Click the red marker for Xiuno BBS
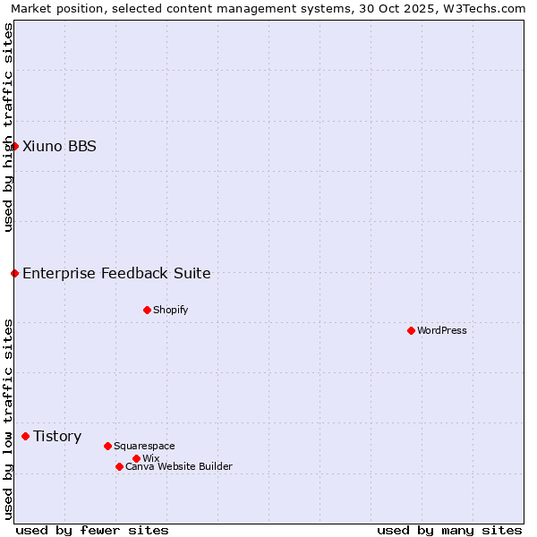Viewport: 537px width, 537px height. [14, 146]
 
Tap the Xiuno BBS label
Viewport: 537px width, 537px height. [59, 147]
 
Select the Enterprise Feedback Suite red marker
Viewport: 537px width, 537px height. [14, 273]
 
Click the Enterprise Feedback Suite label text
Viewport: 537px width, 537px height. [116, 274]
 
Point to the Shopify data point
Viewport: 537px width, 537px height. [147, 310]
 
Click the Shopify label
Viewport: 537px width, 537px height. [170, 311]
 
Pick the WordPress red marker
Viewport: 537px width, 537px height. [411, 330]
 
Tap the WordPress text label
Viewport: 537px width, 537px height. [442, 331]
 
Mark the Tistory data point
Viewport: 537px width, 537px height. [25, 436]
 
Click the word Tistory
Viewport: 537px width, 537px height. [57, 437]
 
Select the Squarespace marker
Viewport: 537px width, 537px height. [107, 446]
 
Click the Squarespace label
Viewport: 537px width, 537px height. [144, 447]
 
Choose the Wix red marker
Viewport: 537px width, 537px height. [136, 458]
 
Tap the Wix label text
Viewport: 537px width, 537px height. [150, 459]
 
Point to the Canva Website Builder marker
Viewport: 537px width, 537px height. [119, 466]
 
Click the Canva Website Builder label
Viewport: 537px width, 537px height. [178, 467]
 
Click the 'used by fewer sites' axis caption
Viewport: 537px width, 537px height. [92, 530]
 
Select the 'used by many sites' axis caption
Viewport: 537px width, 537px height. [449, 530]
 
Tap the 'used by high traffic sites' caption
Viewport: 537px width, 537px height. [8, 127]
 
